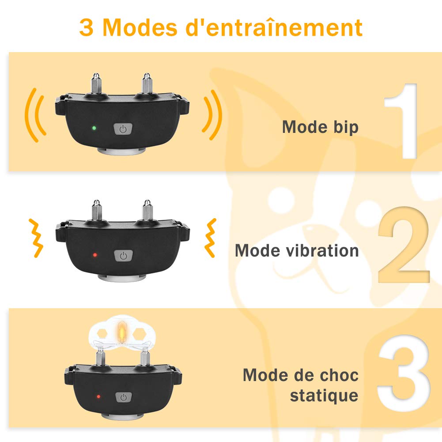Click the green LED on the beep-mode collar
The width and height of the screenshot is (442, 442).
tap(94, 128)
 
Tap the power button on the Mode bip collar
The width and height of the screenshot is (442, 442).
tap(123, 129)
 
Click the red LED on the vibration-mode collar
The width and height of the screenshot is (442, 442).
tap(95, 255)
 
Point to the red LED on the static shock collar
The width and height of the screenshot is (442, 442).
tap(98, 397)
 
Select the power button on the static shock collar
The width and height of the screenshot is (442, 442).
tap(124, 397)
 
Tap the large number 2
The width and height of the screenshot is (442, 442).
tap(404, 245)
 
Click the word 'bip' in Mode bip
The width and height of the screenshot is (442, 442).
tap(346, 128)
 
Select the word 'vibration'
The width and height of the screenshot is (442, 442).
tap(322, 250)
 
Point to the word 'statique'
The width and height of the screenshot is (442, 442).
tap(324, 395)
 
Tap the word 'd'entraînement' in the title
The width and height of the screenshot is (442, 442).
tap(274, 27)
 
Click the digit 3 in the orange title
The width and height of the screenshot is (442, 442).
tap(86, 27)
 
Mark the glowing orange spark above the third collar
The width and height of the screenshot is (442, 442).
tap(122, 332)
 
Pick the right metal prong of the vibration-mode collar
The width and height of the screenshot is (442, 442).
tap(147, 210)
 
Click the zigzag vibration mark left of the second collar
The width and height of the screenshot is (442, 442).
tap(36, 238)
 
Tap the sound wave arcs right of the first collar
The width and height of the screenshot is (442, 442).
tap(212, 115)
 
